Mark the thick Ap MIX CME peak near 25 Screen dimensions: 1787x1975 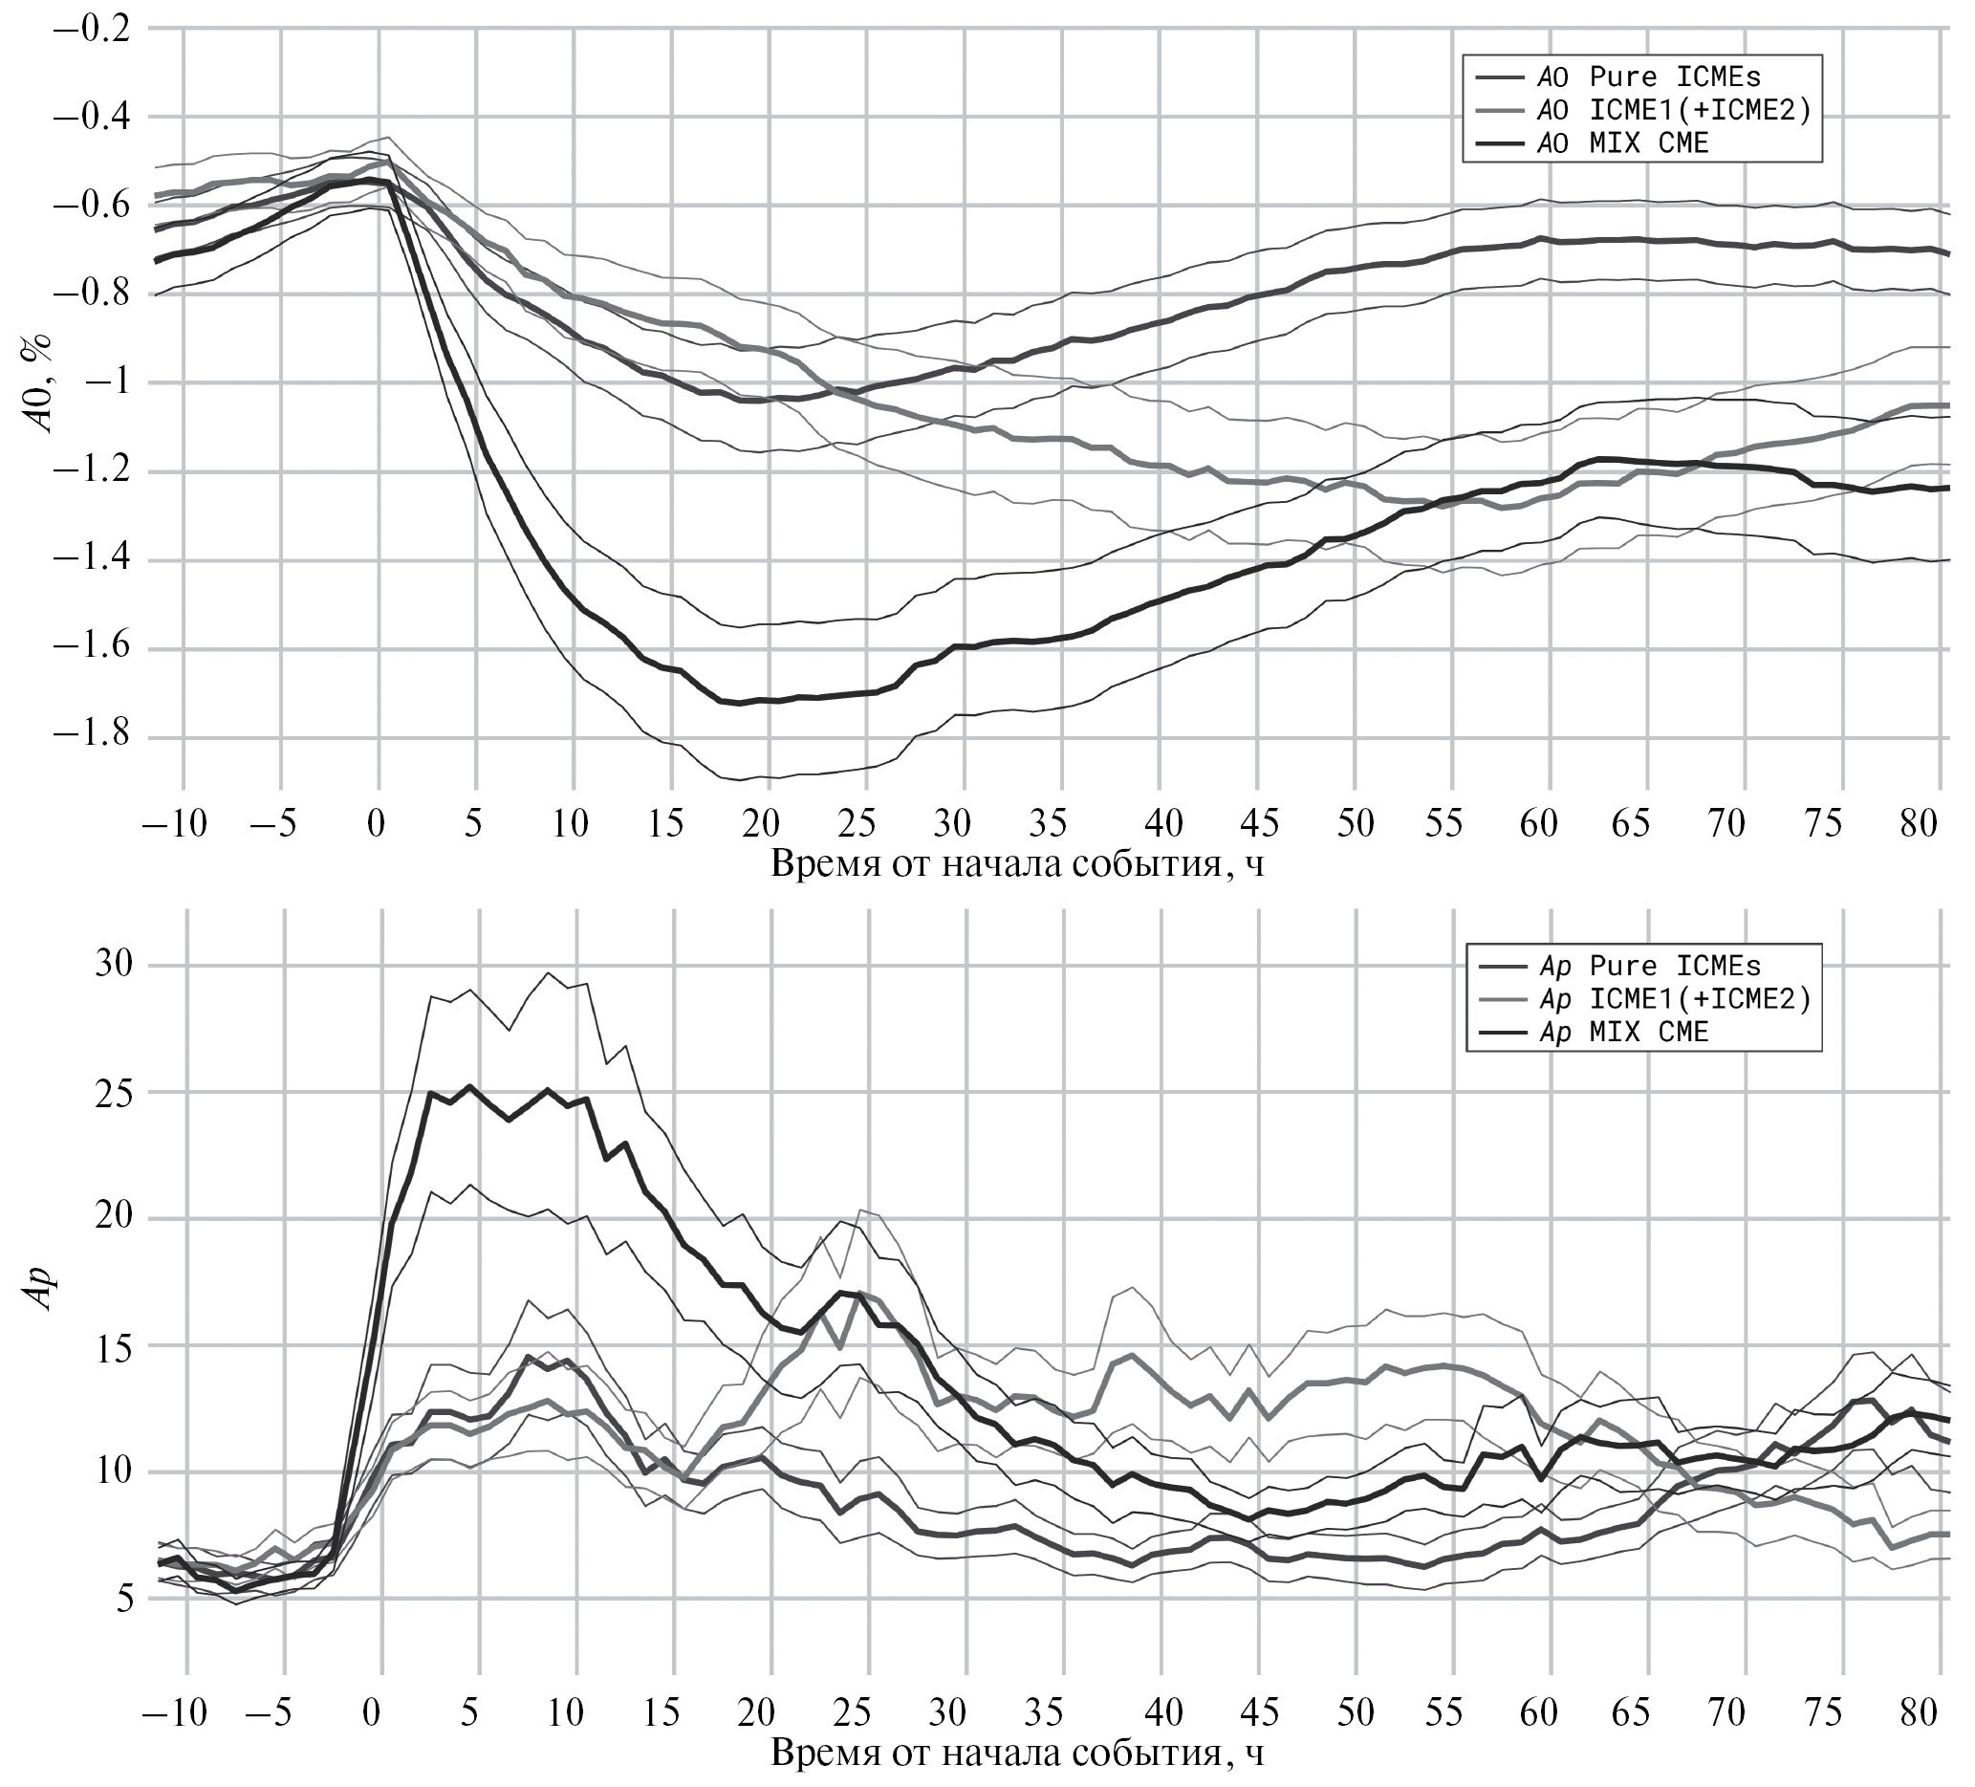click(x=470, y=1086)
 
